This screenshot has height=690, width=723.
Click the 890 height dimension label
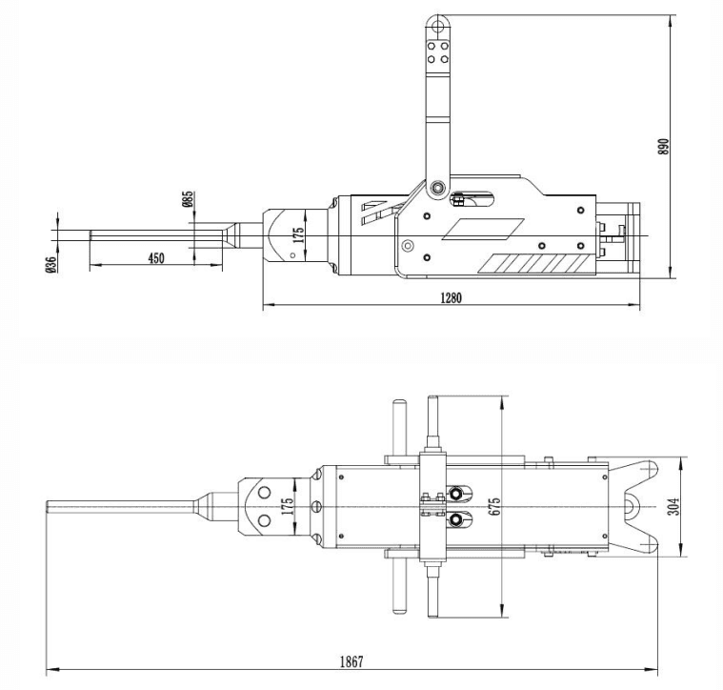click(665, 145)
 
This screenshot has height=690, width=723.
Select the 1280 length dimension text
click(451, 297)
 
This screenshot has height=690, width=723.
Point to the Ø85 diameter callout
click(188, 199)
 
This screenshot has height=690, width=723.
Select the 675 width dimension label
click(494, 506)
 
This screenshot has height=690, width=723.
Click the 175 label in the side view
click(298, 236)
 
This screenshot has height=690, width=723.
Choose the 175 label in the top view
click(287, 506)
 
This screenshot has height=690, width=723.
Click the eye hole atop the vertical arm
click(437, 24)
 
